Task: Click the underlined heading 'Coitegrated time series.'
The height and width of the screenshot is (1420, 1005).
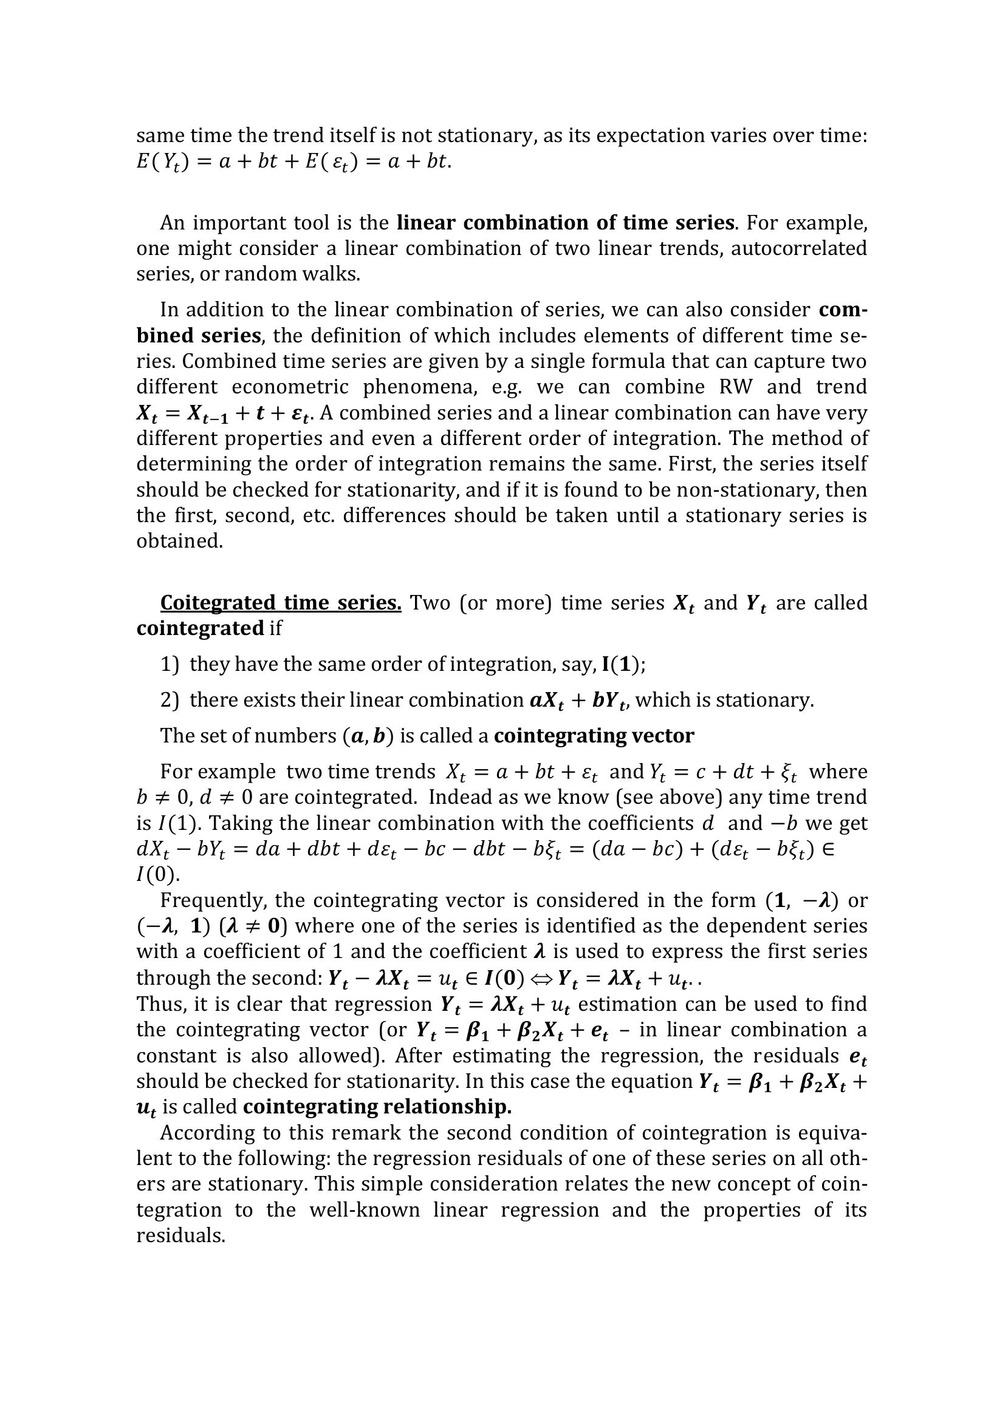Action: pos(281,602)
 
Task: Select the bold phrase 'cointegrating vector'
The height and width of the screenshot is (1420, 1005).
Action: pos(594,735)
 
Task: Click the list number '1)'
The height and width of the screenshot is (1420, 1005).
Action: pos(170,664)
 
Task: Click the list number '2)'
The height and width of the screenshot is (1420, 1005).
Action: pos(170,700)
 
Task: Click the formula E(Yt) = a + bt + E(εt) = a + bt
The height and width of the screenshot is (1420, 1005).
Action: pos(294,162)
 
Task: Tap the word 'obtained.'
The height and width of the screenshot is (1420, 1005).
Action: pos(179,541)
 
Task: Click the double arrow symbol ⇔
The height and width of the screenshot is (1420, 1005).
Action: pos(541,978)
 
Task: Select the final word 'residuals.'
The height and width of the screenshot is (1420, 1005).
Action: pos(180,1235)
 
